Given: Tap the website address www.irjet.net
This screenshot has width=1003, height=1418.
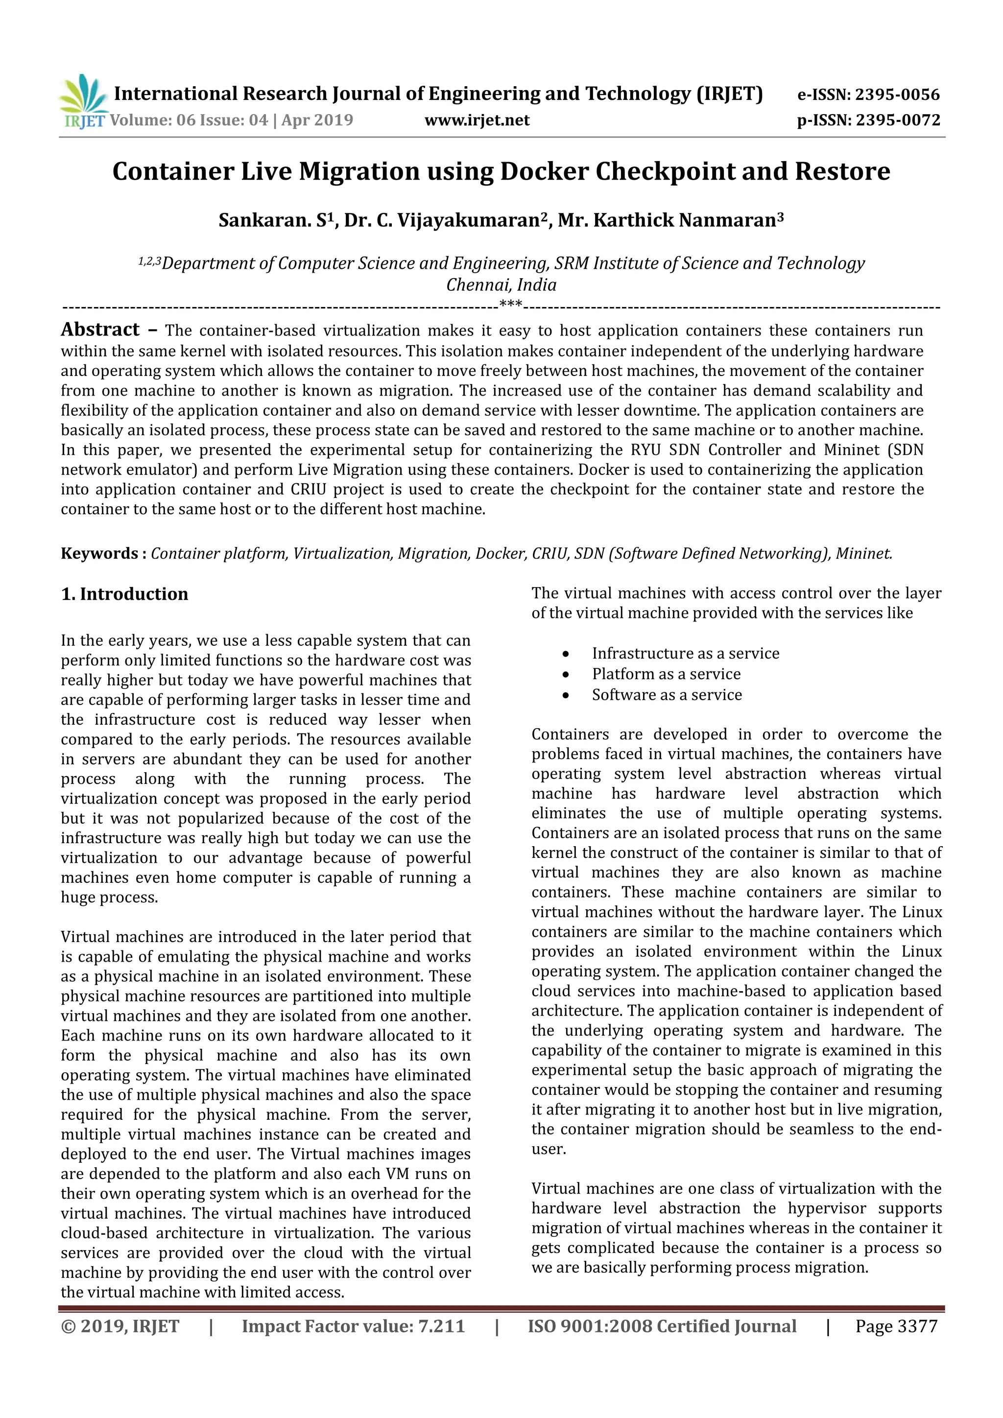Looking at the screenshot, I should (x=477, y=120).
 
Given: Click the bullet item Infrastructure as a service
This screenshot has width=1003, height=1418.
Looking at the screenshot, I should (x=685, y=653).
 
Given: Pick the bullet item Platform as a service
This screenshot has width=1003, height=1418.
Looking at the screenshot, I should (x=666, y=674).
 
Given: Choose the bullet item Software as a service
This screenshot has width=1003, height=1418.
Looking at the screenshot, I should (x=667, y=695).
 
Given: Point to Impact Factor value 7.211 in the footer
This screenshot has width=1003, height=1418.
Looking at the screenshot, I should (x=353, y=1326).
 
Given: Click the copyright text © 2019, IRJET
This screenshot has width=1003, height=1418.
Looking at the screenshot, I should (x=120, y=1326).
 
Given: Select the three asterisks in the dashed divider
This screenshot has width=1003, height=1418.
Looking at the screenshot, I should (x=510, y=304).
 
